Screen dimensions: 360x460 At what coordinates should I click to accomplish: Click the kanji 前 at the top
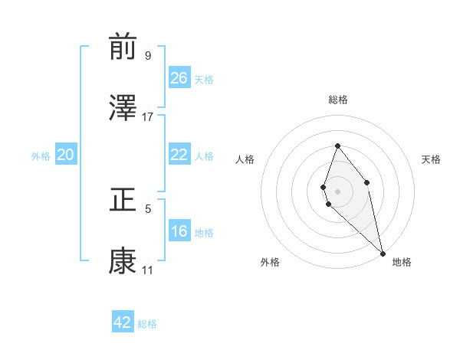pyautogui.click(x=123, y=48)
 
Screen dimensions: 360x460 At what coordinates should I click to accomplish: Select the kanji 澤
pyautogui.click(x=123, y=109)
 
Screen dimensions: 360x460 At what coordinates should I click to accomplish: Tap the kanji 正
pyautogui.click(x=123, y=201)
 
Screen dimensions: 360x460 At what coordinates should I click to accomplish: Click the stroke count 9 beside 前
pyautogui.click(x=147, y=56)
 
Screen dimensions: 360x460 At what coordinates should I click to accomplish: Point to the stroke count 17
pyautogui.click(x=148, y=116)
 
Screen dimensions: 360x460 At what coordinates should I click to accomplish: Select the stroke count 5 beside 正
pyautogui.click(x=147, y=208)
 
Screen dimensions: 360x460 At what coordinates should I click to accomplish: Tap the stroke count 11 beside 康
pyautogui.click(x=147, y=270)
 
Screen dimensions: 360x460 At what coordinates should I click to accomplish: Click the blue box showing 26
pyautogui.click(x=179, y=78)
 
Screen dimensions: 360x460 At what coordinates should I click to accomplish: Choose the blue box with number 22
pyautogui.click(x=179, y=155)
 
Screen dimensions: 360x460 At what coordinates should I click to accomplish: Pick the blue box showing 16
pyautogui.click(x=179, y=232)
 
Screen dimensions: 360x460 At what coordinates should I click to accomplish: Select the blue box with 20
pyautogui.click(x=66, y=155)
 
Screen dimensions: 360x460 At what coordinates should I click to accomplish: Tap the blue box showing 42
pyautogui.click(x=123, y=322)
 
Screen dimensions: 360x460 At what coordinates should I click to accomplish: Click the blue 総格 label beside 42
pyautogui.click(x=148, y=324)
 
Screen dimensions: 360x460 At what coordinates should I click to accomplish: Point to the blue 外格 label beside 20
pyautogui.click(x=41, y=156)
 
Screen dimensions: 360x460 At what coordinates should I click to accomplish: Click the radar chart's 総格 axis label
pyautogui.click(x=337, y=100)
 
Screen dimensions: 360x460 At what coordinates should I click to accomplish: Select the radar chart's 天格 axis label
pyautogui.click(x=432, y=159)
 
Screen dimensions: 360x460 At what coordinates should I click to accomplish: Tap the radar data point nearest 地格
pyautogui.click(x=383, y=254)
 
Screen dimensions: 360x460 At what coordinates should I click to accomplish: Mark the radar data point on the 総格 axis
pyautogui.click(x=337, y=146)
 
